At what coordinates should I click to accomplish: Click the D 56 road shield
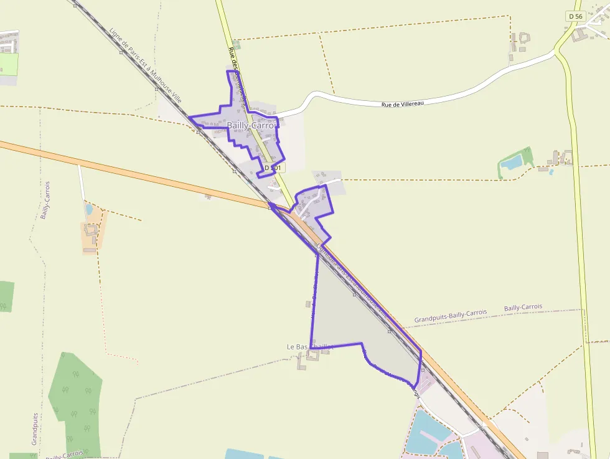(x=575, y=16)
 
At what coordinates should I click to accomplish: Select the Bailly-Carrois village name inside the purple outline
(x=251, y=125)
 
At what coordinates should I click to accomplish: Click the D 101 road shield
(x=273, y=168)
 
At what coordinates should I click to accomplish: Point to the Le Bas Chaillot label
(x=309, y=346)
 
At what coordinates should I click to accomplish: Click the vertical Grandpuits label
(x=35, y=428)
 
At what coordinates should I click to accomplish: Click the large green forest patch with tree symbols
(x=76, y=399)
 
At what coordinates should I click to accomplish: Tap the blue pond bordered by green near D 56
(x=512, y=163)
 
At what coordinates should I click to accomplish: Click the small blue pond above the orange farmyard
(x=89, y=209)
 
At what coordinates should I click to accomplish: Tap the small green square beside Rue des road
(x=237, y=45)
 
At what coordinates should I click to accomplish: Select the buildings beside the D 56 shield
(x=588, y=31)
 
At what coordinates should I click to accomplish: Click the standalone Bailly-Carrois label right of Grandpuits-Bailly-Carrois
(x=523, y=308)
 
